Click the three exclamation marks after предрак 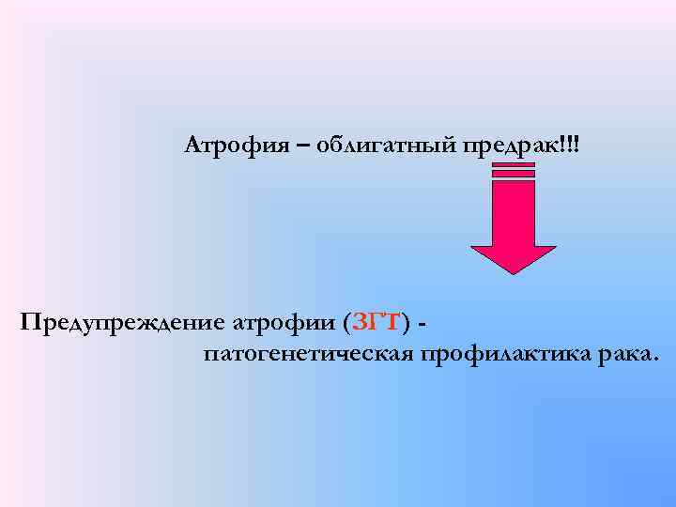572,145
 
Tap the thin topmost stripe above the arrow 513,164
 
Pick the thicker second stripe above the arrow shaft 513,173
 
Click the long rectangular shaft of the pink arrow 513,211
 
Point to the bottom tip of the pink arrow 513,272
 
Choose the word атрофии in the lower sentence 285,324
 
